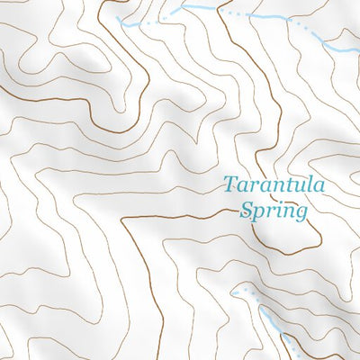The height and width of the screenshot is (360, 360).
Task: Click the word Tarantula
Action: pos(275,187)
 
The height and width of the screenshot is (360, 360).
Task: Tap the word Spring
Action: pos(274,211)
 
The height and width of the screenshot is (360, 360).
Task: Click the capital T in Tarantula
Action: pos(230,186)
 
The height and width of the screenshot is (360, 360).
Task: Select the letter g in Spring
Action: pos(301,214)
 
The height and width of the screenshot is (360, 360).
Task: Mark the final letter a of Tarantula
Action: pos(320,188)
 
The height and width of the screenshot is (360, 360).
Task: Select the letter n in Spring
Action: pos(289,212)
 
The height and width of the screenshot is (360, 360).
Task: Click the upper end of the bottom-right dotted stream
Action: pos(233,292)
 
